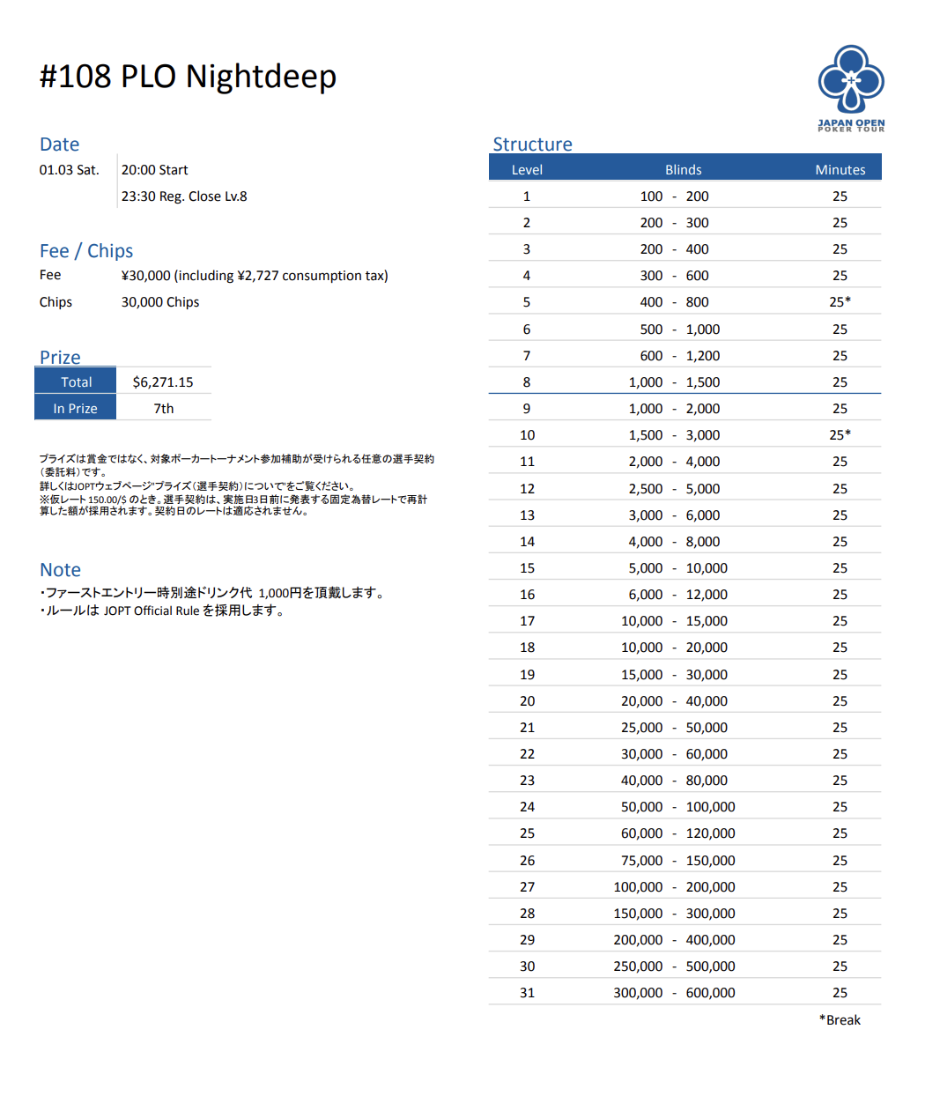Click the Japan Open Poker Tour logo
click(x=851, y=88)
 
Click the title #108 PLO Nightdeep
click(x=188, y=77)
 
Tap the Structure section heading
click(x=532, y=144)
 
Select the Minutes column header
click(x=840, y=169)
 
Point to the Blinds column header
click(x=683, y=169)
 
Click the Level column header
click(x=527, y=169)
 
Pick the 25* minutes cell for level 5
click(x=840, y=302)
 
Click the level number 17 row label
click(x=527, y=621)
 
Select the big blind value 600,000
click(x=710, y=993)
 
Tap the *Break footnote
click(x=840, y=1020)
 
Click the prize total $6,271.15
click(x=163, y=382)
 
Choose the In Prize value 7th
click(x=164, y=409)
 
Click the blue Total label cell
click(x=76, y=382)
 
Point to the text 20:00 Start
click(x=154, y=170)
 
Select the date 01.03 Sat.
click(x=69, y=170)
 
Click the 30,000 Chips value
click(x=160, y=302)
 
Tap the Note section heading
click(x=60, y=570)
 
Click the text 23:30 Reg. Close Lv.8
click(x=184, y=196)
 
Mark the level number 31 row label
click(x=527, y=993)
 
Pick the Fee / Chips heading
click(x=86, y=251)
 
